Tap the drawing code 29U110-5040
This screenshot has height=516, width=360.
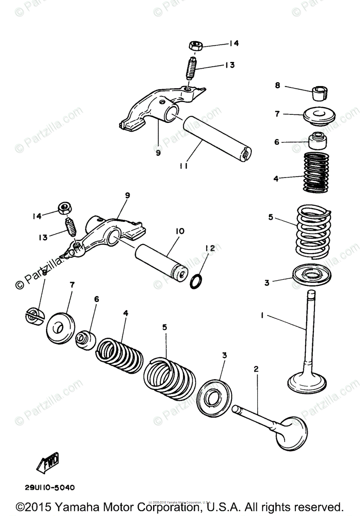click(49, 488)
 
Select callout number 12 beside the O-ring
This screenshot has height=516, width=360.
click(209, 248)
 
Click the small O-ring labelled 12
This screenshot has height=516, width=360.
click(196, 281)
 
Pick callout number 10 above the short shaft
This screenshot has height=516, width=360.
click(179, 231)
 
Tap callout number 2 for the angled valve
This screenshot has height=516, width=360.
click(256, 369)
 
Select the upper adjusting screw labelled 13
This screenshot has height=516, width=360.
click(191, 68)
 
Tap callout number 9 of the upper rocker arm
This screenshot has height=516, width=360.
click(158, 153)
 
